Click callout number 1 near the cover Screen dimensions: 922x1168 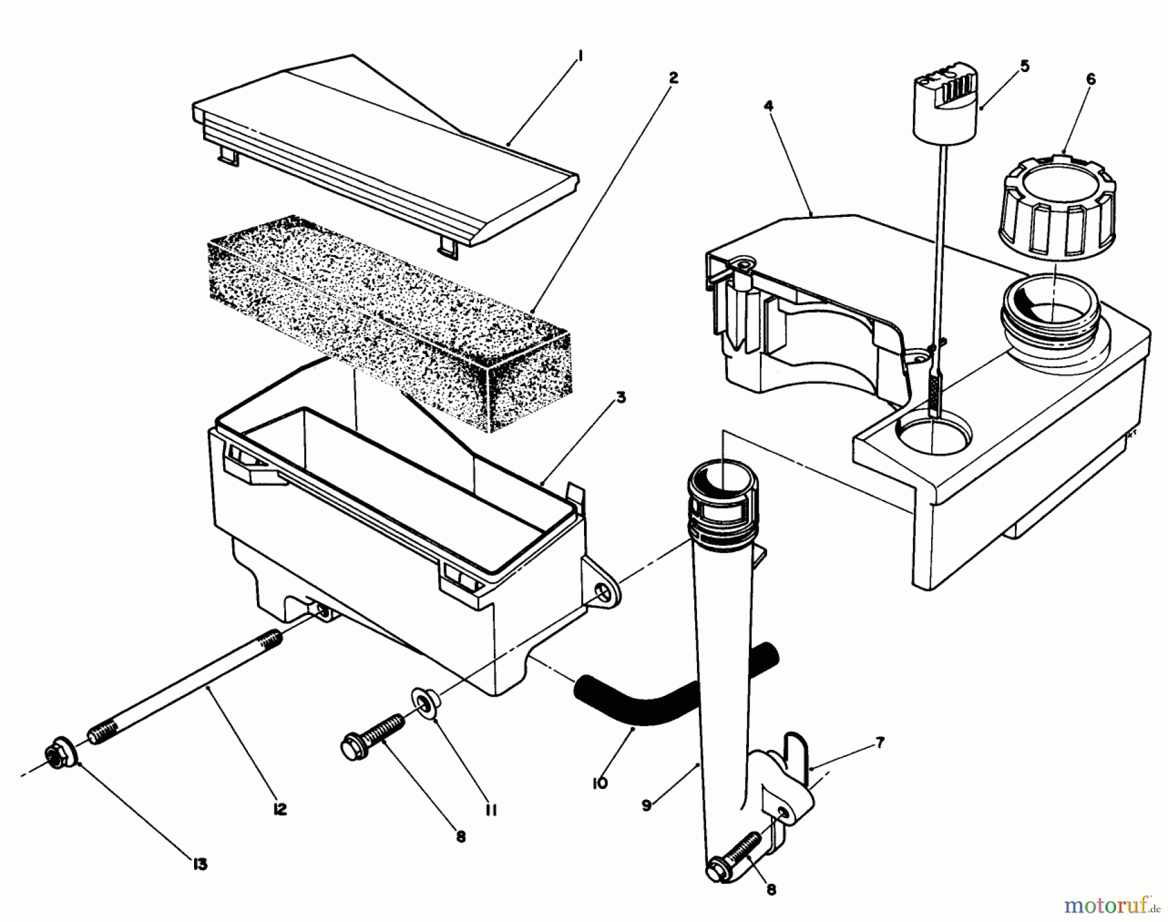[x=579, y=58]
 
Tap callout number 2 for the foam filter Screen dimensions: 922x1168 [x=673, y=78]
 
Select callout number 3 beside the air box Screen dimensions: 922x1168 [x=621, y=398]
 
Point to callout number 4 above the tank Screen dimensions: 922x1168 [x=768, y=105]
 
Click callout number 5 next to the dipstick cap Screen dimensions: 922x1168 [x=1024, y=66]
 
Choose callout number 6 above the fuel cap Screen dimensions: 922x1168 [x=1090, y=79]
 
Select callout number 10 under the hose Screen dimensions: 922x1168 [x=600, y=784]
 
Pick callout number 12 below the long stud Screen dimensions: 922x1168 [x=280, y=810]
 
